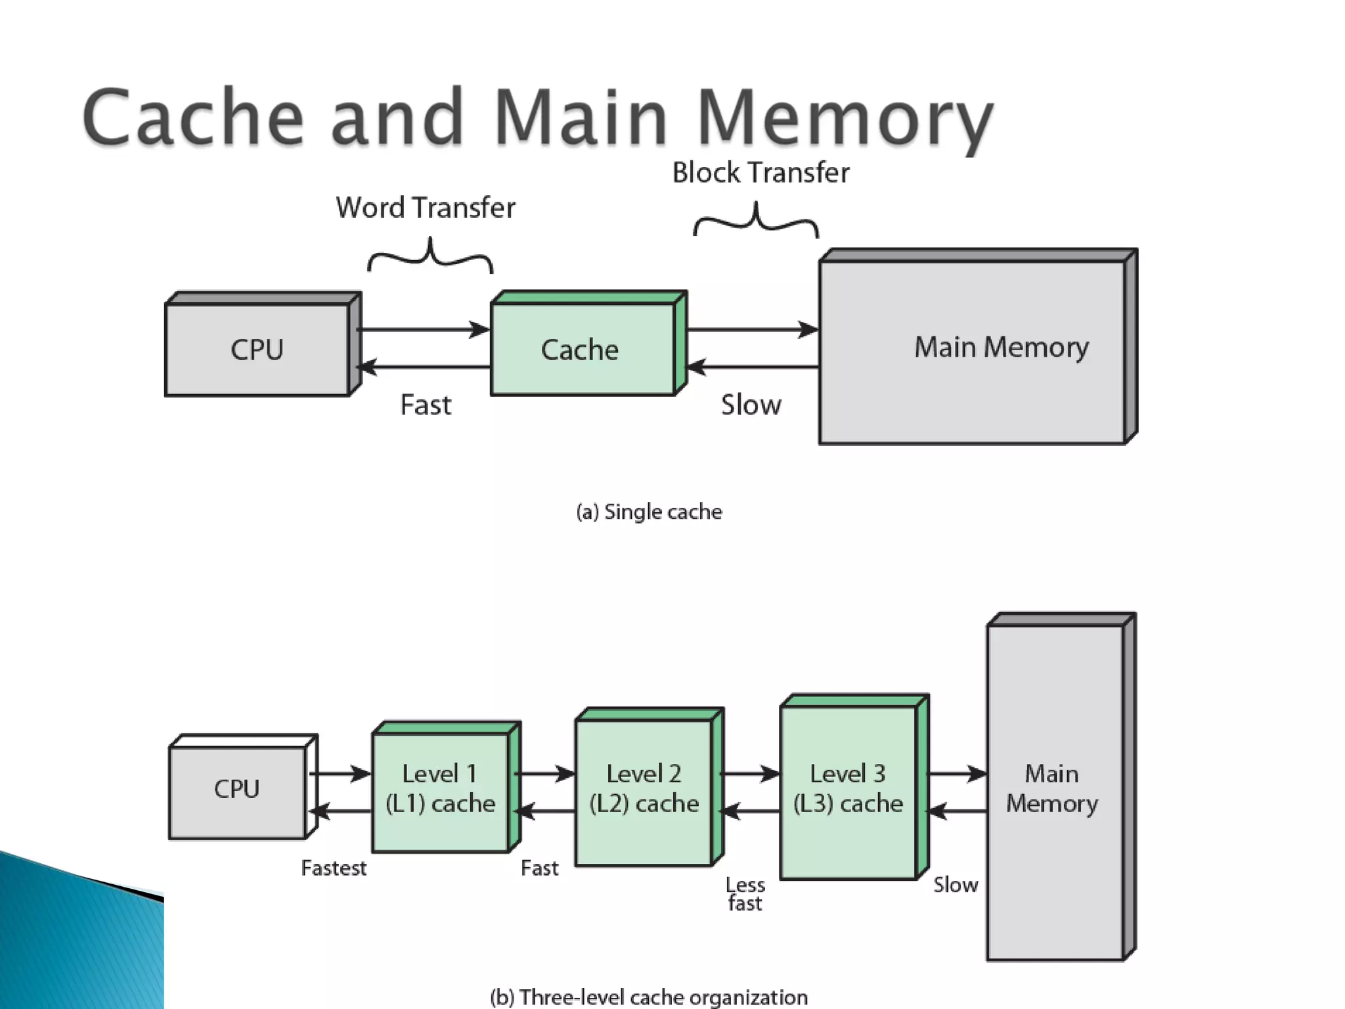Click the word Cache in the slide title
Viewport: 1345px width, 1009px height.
click(x=193, y=116)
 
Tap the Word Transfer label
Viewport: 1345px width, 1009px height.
click(x=426, y=208)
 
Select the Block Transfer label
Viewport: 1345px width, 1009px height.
click(x=761, y=173)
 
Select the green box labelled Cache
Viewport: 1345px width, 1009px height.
click(x=588, y=343)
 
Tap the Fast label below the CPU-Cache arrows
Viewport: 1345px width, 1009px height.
click(x=426, y=405)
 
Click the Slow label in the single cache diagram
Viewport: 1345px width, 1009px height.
click(x=751, y=405)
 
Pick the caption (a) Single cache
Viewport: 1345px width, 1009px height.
click(x=649, y=512)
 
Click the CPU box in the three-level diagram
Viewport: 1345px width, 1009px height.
click(x=243, y=787)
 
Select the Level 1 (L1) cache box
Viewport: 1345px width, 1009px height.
click(x=447, y=787)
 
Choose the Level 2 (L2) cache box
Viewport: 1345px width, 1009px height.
click(x=650, y=787)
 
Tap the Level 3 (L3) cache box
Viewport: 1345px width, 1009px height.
click(x=854, y=787)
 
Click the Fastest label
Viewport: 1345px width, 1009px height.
click(x=334, y=868)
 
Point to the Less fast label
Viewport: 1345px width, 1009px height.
click(x=745, y=894)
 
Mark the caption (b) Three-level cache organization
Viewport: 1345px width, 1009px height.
click(x=649, y=997)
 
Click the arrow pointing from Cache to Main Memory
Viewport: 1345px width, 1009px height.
click(x=753, y=329)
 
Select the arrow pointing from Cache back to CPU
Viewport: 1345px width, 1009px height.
click(x=426, y=367)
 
